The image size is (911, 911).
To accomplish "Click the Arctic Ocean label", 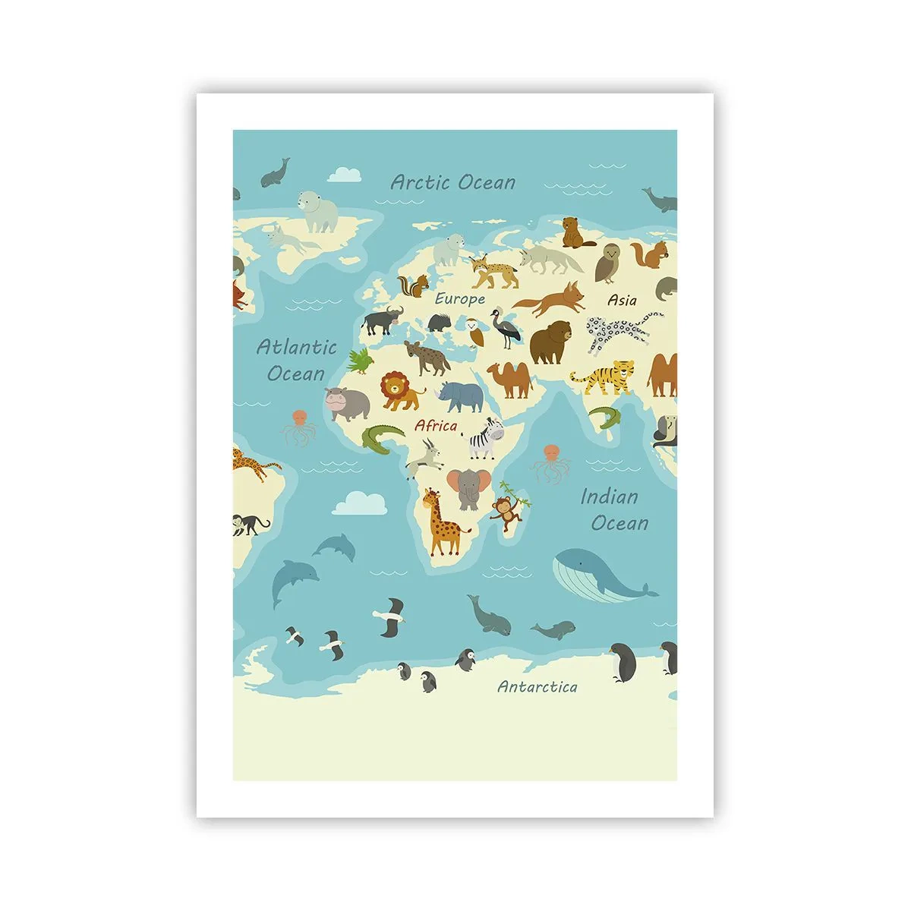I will click(452, 182).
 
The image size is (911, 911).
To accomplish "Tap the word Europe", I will click(459, 299).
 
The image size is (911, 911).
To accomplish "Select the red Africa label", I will click(436, 426).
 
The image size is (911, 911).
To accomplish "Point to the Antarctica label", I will click(537, 687).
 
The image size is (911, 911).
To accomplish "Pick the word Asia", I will click(622, 301).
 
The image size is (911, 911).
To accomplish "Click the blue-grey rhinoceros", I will click(462, 395).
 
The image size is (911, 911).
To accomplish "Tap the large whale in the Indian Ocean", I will click(600, 576).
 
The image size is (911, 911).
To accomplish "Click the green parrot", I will click(362, 361).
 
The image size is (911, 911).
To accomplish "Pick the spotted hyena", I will click(427, 358).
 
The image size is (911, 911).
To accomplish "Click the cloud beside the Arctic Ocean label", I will click(345, 174).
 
